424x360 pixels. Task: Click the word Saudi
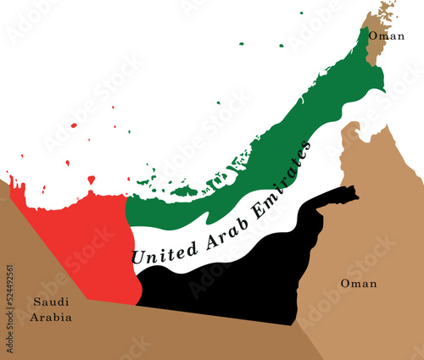52,302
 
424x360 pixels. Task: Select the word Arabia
52,318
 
